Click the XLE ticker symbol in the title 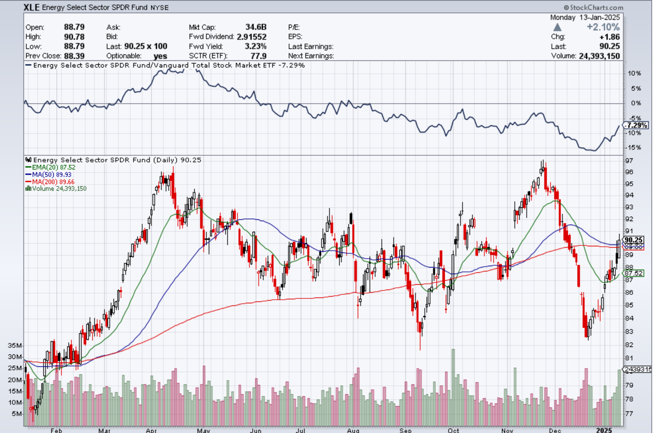click(x=31, y=7)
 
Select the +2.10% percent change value click(x=603, y=27)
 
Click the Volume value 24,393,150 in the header click(x=599, y=56)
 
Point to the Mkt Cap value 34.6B click(x=256, y=27)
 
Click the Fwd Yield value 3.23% click(x=255, y=46)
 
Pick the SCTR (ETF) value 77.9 click(x=258, y=56)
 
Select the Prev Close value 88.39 click(x=74, y=56)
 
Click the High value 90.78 click(x=74, y=37)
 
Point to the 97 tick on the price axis click(x=629, y=160)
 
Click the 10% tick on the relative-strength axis click(x=634, y=73)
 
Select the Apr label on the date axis click(x=151, y=430)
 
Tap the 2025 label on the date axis click(x=604, y=430)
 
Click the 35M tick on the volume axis click(x=15, y=345)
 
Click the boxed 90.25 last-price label click(x=634, y=240)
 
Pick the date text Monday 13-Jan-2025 click(x=585, y=17)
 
